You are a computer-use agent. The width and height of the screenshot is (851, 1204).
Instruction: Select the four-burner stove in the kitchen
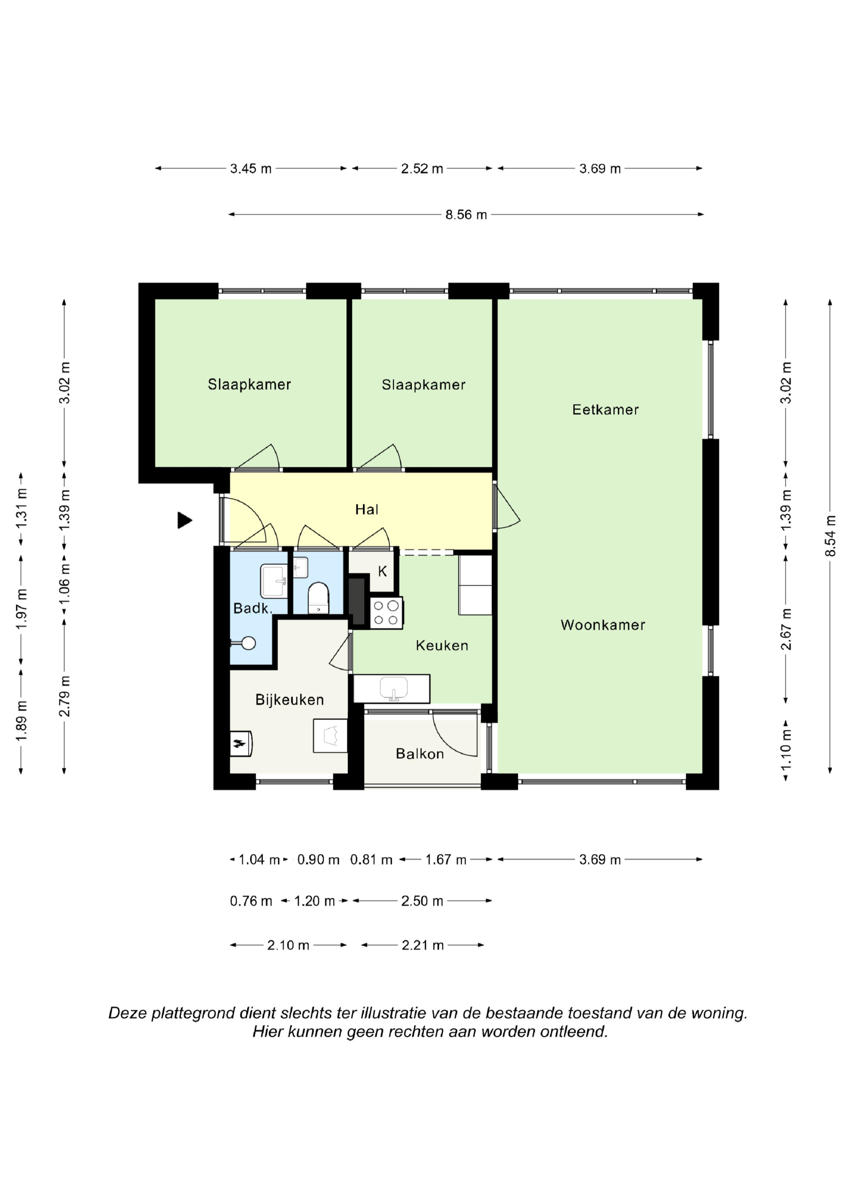tap(386, 612)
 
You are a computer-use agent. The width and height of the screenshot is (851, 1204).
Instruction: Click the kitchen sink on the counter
tap(393, 688)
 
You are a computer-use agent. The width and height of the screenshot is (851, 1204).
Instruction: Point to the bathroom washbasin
tap(274, 581)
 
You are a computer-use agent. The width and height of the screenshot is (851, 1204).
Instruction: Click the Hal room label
tap(366, 509)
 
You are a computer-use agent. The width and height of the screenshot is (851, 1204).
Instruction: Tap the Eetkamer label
tap(605, 409)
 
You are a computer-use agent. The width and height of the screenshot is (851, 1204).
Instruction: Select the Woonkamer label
tap(603, 624)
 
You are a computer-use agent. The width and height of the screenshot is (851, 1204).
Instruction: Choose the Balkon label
tap(420, 754)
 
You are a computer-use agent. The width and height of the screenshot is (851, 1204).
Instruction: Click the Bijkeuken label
tap(289, 700)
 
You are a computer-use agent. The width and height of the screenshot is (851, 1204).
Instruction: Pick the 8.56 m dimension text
tap(466, 214)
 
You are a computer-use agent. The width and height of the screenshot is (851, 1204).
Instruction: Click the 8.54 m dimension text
tap(829, 535)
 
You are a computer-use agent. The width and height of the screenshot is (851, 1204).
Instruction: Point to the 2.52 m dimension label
tap(422, 169)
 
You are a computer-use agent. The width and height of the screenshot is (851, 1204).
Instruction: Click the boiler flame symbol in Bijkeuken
tap(240, 743)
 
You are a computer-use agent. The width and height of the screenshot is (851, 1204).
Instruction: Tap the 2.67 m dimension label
tap(785, 629)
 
